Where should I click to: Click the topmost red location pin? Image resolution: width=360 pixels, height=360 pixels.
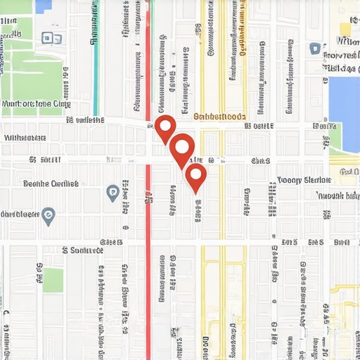click(165, 127)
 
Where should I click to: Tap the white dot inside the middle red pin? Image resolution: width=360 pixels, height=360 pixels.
click(181, 147)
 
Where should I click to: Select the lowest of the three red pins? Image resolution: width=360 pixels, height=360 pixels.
click(196, 175)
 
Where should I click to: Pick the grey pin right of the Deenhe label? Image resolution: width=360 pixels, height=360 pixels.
click(112, 191)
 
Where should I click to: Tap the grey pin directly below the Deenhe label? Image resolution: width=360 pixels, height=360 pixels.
click(48, 215)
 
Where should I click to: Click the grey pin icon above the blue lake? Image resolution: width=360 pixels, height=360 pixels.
click(314, 49)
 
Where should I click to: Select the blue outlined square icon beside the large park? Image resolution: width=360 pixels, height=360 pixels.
click(49, 38)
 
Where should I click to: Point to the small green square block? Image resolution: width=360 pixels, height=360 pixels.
click(53, 279)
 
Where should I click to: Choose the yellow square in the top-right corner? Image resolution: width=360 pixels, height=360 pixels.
click(345, 29)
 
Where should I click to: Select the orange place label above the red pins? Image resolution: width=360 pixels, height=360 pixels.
click(219, 117)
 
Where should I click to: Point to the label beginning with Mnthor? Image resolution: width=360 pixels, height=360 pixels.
click(37, 103)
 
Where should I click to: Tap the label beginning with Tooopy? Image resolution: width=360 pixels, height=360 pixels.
click(304, 179)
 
